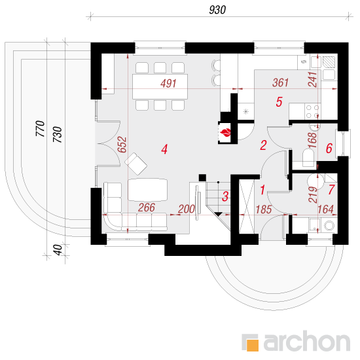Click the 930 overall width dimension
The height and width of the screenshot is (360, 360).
(217, 10)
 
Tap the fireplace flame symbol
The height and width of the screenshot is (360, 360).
(225, 132)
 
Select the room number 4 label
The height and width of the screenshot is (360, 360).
(164, 149)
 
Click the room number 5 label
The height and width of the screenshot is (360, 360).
(279, 101)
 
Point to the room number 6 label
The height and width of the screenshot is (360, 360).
(329, 148)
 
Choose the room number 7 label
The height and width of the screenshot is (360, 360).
(331, 190)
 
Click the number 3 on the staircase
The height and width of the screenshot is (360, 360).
(225, 196)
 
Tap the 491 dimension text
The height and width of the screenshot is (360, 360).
(168, 83)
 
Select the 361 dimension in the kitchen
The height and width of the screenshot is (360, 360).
(280, 82)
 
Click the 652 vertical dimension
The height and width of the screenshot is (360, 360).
(122, 145)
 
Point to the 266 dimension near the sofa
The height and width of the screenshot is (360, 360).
(147, 207)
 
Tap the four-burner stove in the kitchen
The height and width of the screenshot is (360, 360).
(312, 111)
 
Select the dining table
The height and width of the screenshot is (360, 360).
(160, 86)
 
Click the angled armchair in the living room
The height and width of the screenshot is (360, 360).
(136, 164)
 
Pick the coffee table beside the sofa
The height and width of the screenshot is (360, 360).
(147, 190)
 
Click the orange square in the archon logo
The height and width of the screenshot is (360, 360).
(252, 345)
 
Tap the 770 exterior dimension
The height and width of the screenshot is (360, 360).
(40, 128)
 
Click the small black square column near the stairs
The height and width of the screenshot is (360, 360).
(202, 177)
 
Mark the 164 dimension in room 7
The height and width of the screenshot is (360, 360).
(325, 209)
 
